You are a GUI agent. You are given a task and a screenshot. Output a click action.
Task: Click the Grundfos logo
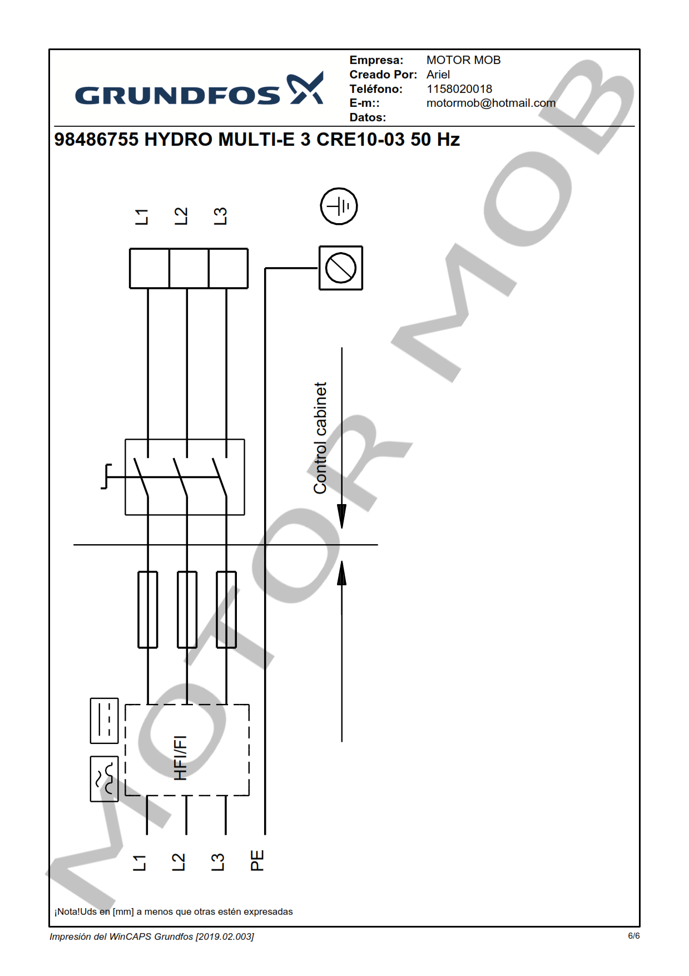[x=199, y=89]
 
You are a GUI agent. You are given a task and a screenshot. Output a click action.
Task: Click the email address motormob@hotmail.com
[x=491, y=103]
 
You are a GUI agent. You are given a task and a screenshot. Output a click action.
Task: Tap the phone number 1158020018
[x=459, y=89]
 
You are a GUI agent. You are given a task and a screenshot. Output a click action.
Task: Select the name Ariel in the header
[x=438, y=75]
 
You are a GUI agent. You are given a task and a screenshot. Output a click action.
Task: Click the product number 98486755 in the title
[x=96, y=139]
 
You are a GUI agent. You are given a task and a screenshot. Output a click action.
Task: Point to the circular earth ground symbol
[x=339, y=206]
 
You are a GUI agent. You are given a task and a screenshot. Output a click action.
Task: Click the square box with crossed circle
[x=341, y=268]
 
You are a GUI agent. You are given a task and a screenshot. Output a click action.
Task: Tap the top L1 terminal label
[x=142, y=216]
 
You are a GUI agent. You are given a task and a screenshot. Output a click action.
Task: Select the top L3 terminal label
[x=220, y=216]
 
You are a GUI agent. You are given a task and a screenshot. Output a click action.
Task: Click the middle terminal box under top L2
[x=189, y=268]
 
